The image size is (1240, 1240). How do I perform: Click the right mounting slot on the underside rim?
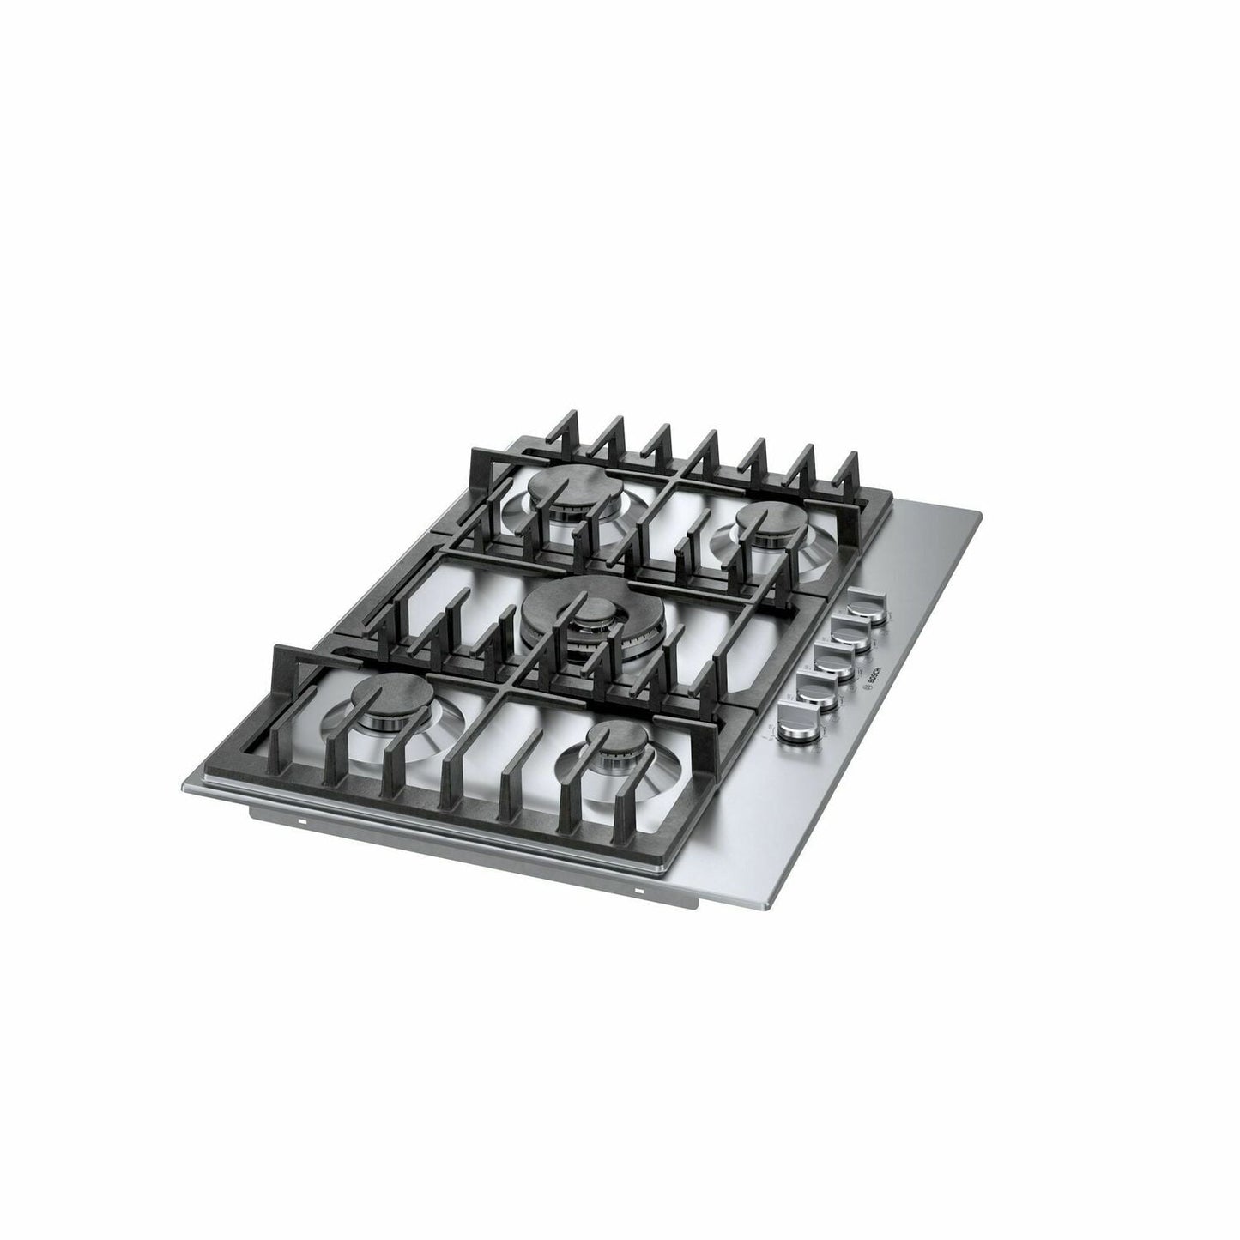click(x=639, y=892)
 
